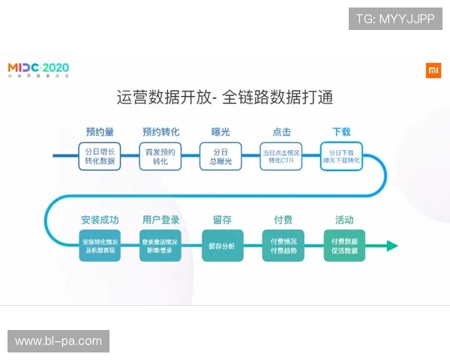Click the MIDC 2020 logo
tap(38, 70)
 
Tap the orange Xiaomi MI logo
tap(433, 70)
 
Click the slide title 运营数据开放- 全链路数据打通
tap(225, 97)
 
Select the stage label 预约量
tap(99, 132)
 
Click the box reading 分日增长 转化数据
tap(100, 156)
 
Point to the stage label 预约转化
tap(160, 132)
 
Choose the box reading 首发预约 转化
tap(160, 156)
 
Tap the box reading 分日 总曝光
tap(220, 156)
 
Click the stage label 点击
tap(281, 132)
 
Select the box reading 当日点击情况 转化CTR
tap(281, 156)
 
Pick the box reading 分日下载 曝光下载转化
tap(341, 156)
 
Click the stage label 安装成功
tap(100, 220)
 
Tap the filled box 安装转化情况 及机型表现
tap(100, 245)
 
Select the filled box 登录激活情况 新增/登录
tap(160, 245)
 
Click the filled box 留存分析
tap(222, 245)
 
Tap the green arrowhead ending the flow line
tap(391, 245)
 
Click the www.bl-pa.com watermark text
tap(58, 341)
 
